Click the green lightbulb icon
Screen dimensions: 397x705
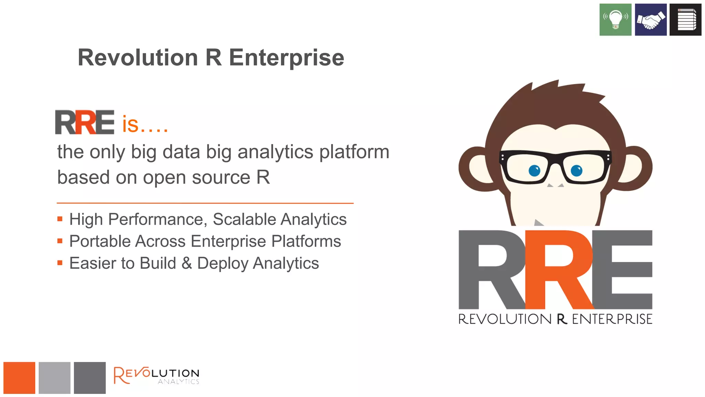click(x=615, y=20)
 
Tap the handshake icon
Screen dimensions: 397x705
click(x=650, y=20)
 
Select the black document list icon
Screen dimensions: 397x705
click(x=685, y=20)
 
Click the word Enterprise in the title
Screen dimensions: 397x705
click(x=286, y=58)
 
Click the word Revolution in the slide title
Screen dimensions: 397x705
click(x=138, y=58)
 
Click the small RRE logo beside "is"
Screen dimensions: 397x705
click(x=85, y=122)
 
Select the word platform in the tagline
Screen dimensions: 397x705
click(x=354, y=152)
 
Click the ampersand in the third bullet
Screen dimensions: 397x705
click(x=187, y=263)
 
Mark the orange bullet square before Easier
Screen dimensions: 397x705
click(x=60, y=263)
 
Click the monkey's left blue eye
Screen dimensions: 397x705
click(x=534, y=171)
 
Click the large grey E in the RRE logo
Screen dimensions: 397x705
click(x=623, y=269)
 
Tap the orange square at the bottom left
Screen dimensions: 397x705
click(x=19, y=378)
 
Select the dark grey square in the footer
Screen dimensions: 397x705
click(x=90, y=378)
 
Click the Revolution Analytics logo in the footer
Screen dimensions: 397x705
click(x=157, y=375)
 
